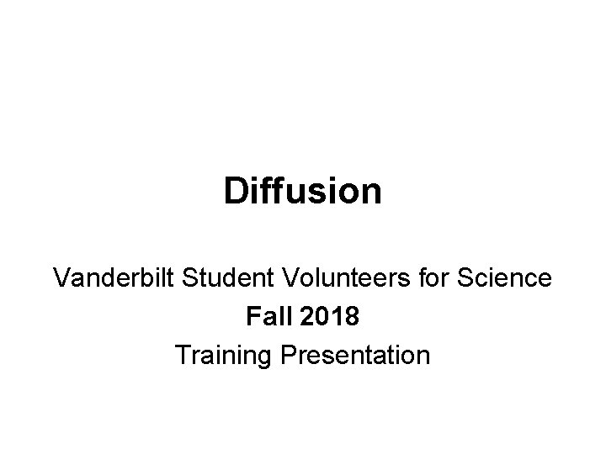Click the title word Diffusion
click(303, 192)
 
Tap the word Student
click(213, 277)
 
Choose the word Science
click(504, 277)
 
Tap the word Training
click(215, 356)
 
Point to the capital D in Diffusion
click(236, 192)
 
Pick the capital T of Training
click(183, 356)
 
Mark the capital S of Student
click(179, 277)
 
